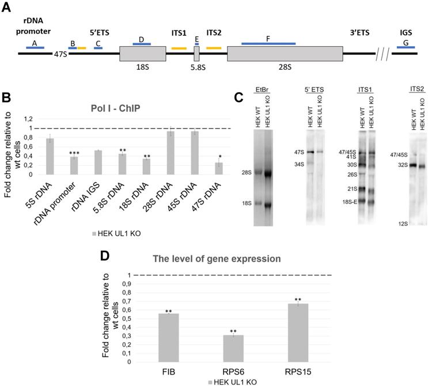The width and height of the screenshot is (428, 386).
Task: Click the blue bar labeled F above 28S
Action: click(x=268, y=43)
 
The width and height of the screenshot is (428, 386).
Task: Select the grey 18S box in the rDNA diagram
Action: click(x=142, y=54)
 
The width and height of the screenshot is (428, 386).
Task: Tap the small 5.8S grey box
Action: click(x=196, y=54)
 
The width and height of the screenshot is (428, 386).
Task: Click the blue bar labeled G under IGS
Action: click(x=406, y=47)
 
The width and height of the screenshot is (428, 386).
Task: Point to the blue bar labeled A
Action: click(x=35, y=47)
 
